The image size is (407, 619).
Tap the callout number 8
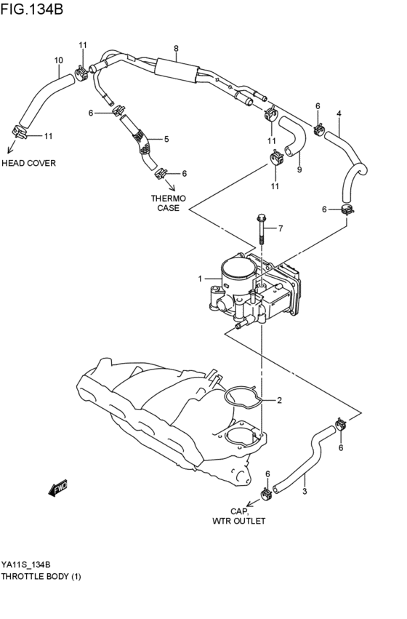(x=176, y=49)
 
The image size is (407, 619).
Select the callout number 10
(x=58, y=60)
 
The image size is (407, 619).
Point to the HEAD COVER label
(x=28, y=163)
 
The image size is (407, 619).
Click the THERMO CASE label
(x=169, y=203)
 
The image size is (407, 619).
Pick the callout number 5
(x=166, y=139)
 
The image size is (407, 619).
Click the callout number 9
(x=299, y=170)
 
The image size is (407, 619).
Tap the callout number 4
(x=339, y=113)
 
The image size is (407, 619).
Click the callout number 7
(x=281, y=229)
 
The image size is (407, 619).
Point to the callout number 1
(x=200, y=279)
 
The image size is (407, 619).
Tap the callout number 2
(x=278, y=400)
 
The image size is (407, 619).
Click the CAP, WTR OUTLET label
(x=239, y=516)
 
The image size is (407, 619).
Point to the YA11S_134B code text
(x=25, y=564)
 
